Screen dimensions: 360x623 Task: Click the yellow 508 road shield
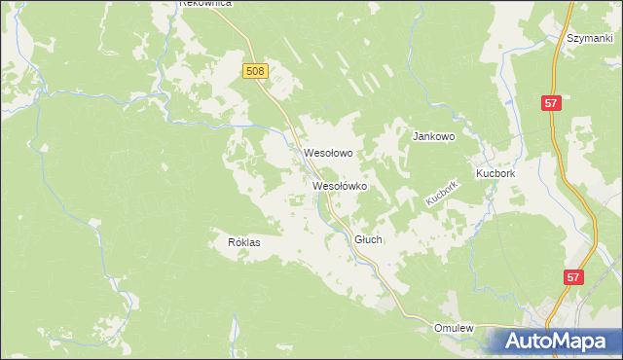tap(255, 71)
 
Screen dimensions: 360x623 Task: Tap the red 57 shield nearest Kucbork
tap(551, 102)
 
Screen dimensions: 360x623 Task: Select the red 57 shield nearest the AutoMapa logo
tap(575, 277)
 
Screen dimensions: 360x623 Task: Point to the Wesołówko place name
tap(339, 185)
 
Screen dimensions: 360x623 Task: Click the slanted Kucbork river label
tap(441, 192)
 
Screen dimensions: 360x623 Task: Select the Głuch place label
tap(368, 239)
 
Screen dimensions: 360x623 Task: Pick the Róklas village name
tap(244, 242)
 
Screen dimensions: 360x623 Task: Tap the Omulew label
tap(454, 329)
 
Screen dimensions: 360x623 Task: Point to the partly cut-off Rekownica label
tap(205, 4)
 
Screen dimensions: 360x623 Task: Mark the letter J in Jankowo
tap(417, 137)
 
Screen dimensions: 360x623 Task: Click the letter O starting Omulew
tap(438, 329)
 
